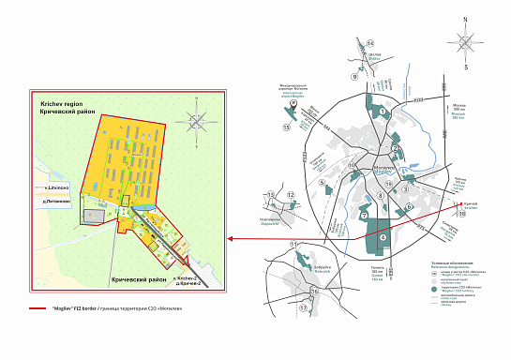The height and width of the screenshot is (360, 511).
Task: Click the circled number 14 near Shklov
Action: (x=369, y=44)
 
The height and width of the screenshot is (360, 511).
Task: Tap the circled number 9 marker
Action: (x=355, y=76)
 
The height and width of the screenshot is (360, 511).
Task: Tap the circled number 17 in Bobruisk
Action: (x=304, y=307)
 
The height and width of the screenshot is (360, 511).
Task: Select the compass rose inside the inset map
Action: (x=196, y=123)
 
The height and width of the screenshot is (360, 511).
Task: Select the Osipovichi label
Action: (x=272, y=222)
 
